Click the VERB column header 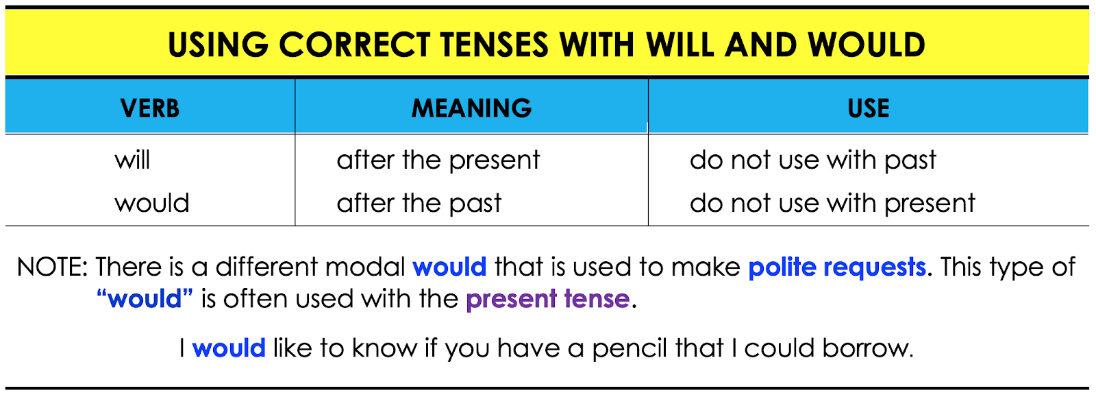click(x=150, y=108)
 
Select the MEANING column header click(x=471, y=108)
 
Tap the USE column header click(x=868, y=108)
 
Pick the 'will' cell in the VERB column click(x=132, y=160)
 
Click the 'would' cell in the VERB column click(x=152, y=203)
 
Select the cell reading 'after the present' click(x=438, y=160)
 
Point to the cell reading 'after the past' click(x=419, y=203)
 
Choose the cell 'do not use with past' click(x=812, y=160)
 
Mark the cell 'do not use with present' click(x=832, y=203)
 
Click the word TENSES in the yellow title click(x=493, y=45)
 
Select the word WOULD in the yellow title click(x=866, y=45)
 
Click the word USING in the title click(x=218, y=45)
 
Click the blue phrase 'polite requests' click(x=836, y=267)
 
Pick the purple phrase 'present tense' click(x=547, y=299)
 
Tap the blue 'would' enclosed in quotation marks click(x=145, y=299)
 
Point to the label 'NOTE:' click(x=52, y=267)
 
